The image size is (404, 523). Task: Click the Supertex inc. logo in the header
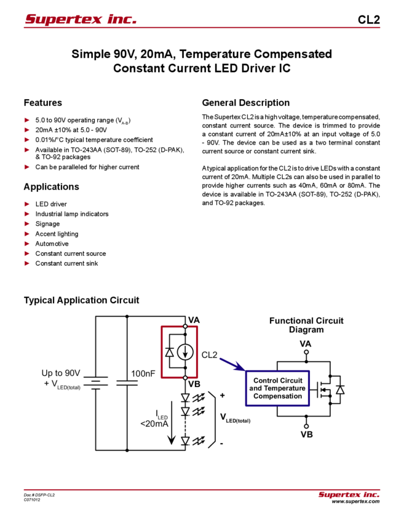pos(81,19)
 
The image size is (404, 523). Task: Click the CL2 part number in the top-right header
pos(369,20)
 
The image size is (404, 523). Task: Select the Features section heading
pos(42,103)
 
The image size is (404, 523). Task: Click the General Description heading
pos(246,103)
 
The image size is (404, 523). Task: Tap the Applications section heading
pos(51,187)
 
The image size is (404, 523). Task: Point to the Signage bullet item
pos(47,224)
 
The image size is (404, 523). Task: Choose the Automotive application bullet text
pos(52,244)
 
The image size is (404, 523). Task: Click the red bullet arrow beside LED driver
pos(27,204)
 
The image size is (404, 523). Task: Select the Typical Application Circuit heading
pos(81,300)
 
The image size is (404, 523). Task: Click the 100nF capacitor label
pos(143,373)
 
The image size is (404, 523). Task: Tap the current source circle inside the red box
pos(185,351)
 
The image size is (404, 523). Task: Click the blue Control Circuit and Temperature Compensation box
pos(278,388)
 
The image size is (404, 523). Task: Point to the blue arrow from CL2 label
pos(232,364)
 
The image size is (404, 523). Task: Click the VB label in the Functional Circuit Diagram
pos(307,434)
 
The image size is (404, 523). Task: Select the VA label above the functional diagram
pos(306,344)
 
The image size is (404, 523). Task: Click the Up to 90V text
pos(61,373)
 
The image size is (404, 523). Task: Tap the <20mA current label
pos(154,423)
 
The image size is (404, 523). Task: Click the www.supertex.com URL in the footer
pos(355,501)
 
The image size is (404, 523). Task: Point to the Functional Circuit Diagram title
pos(306,325)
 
